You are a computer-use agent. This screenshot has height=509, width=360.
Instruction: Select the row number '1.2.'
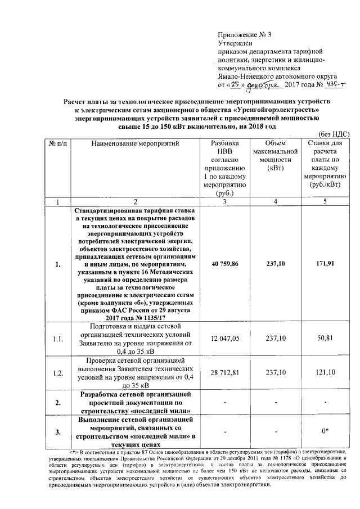tap(57, 372)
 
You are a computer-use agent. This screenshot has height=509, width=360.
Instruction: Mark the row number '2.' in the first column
tap(57, 402)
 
